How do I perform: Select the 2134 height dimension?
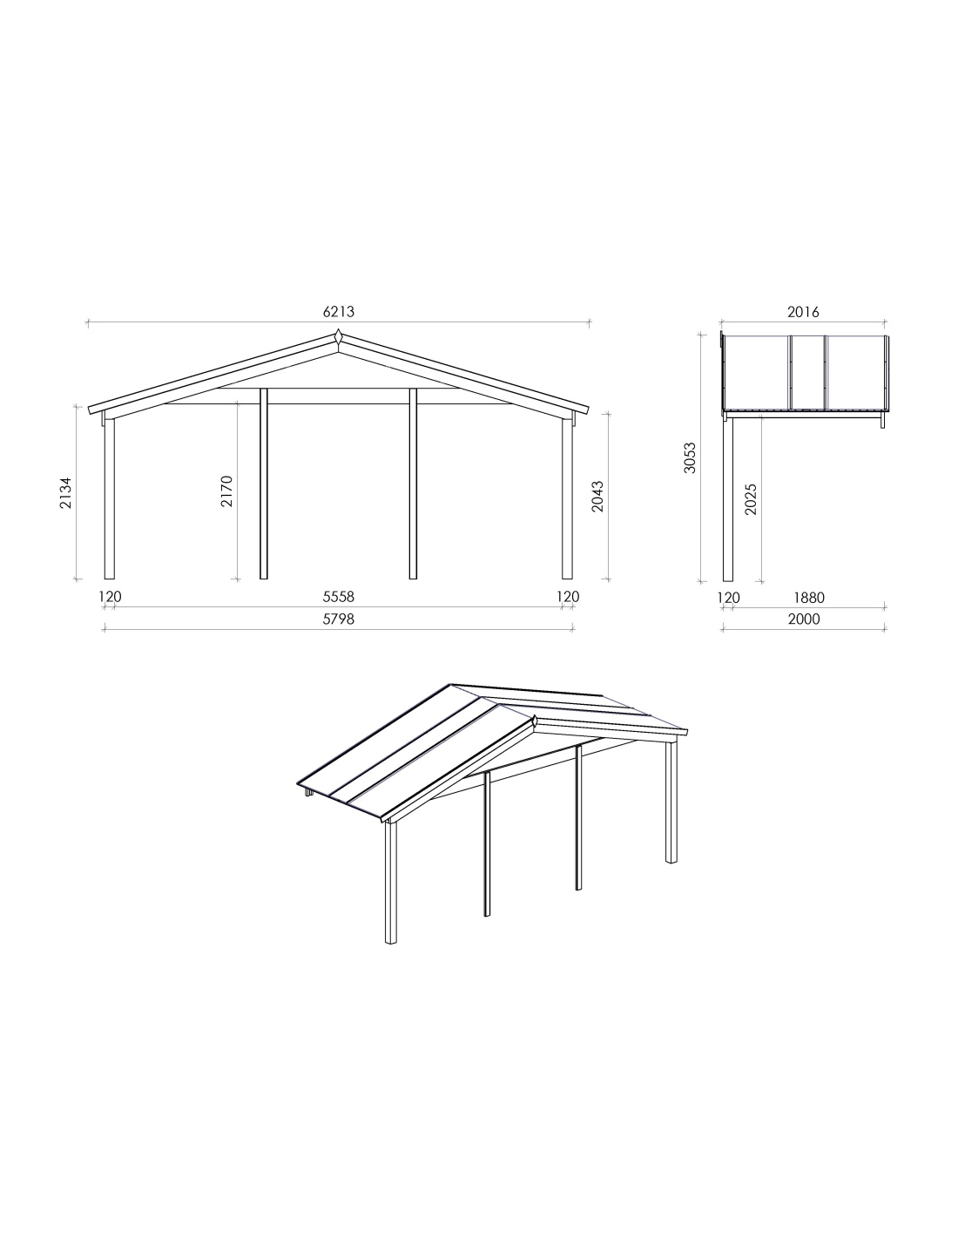coord(66,492)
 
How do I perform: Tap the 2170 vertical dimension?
coord(226,491)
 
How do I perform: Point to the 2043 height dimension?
coord(597,497)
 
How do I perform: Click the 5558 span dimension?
coord(339,596)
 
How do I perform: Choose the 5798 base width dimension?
coord(339,619)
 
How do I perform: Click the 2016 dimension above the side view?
coord(803,312)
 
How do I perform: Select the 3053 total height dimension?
coord(690,457)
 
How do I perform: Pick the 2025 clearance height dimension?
coord(751,499)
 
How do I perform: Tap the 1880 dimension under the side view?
coord(809,598)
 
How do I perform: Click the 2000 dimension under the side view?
coord(804,619)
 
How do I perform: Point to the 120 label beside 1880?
coord(728,598)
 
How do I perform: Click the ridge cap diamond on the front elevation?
coord(338,337)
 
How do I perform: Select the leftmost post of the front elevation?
coord(110,499)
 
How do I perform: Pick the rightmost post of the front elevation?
coord(567,499)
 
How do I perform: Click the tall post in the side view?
coord(728,499)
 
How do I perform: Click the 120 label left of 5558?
coord(110,596)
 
